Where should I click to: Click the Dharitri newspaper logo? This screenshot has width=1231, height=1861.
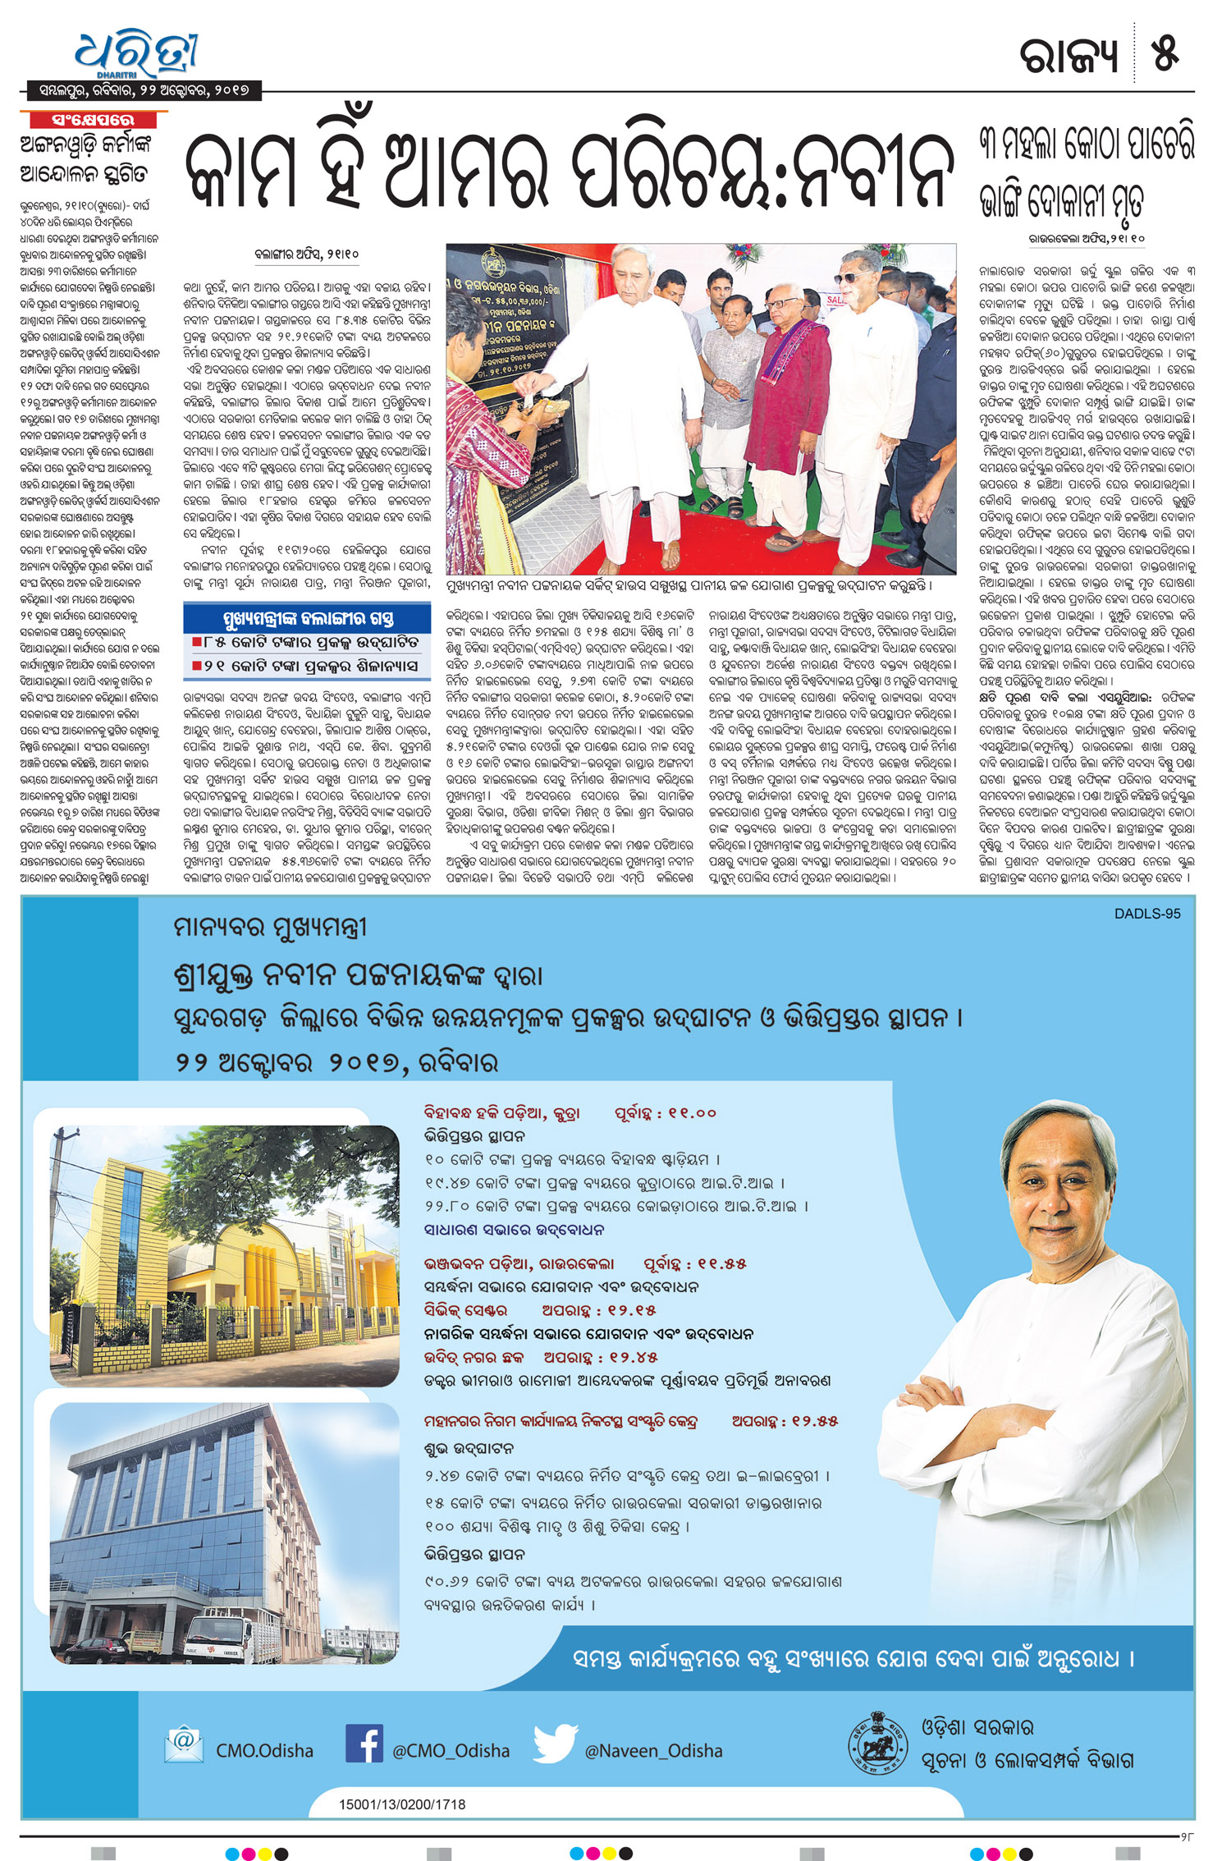[136, 54]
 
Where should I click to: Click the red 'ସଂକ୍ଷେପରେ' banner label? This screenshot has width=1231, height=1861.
[93, 120]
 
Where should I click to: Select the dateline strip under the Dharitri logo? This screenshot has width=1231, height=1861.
[141, 90]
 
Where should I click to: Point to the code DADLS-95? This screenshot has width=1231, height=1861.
[1146, 914]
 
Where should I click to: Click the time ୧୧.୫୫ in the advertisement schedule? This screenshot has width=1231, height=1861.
[719, 1263]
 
